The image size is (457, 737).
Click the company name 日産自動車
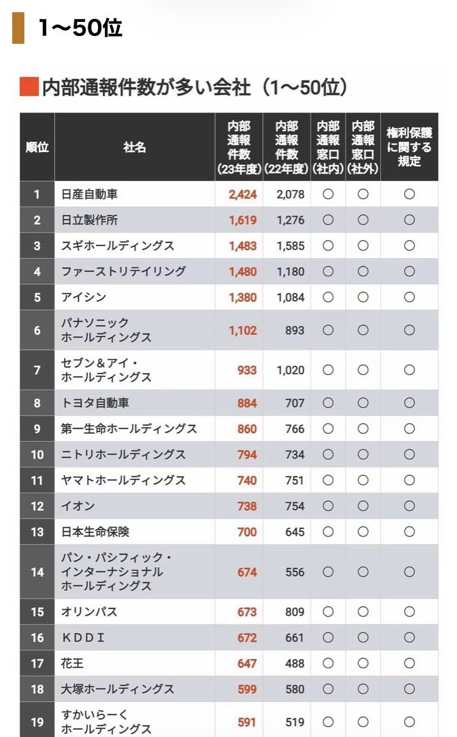(90, 195)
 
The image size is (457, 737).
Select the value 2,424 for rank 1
(243, 195)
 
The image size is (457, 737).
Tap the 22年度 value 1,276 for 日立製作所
(291, 220)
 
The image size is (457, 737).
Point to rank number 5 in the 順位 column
(37, 298)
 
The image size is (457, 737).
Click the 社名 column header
(134, 147)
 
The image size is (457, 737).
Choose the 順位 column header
(37, 147)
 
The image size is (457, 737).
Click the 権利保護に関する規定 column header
(409, 147)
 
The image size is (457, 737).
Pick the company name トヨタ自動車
(95, 403)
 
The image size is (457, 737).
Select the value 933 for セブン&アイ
(247, 370)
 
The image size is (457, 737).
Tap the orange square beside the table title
(29, 87)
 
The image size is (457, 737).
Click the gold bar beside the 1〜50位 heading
(18, 28)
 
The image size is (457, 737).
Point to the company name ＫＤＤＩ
(83, 638)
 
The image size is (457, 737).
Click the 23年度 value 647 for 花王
(247, 663)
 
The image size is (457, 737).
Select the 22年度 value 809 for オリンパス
(294, 612)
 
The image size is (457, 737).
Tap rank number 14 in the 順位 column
(37, 572)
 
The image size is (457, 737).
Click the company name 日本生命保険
(95, 532)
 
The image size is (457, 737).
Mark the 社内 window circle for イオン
(328, 506)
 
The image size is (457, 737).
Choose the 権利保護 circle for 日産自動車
(409, 195)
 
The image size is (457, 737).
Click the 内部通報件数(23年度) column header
(239, 147)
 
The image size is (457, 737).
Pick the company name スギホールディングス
(118, 246)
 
